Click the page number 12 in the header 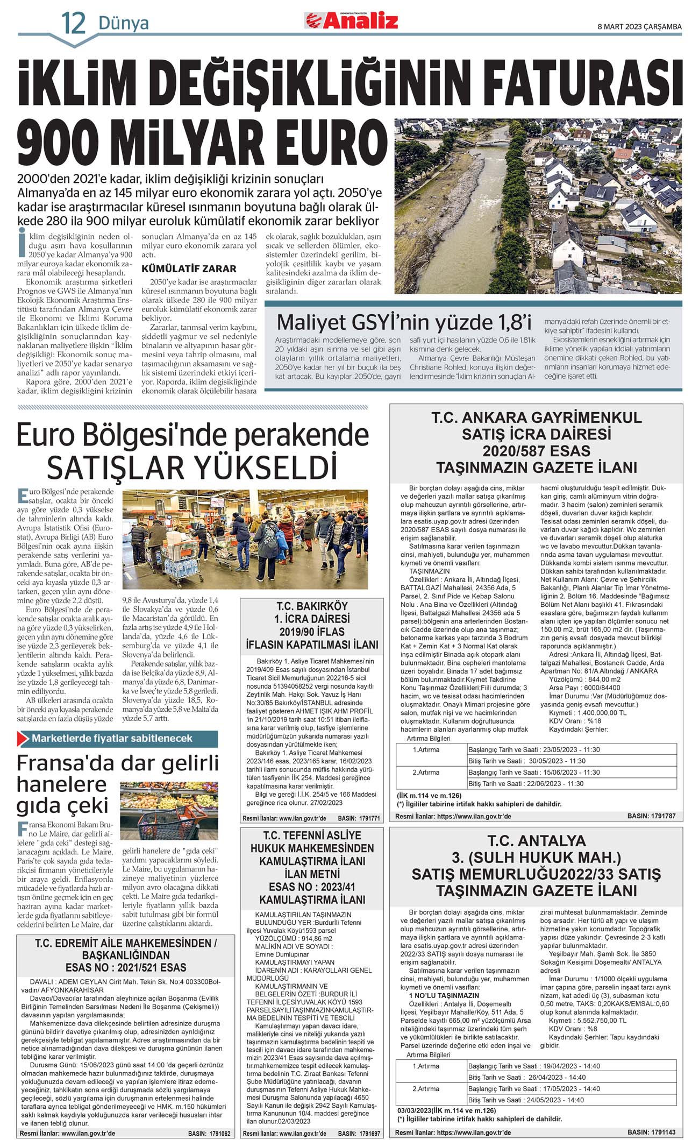[73, 23]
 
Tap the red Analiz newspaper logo [352, 21]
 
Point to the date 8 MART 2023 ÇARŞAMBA [639, 26]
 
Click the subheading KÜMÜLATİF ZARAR [189, 268]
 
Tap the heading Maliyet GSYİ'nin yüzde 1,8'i [404, 322]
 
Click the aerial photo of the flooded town [538, 206]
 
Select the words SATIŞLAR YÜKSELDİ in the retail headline [191, 467]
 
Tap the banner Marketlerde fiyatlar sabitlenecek [112, 738]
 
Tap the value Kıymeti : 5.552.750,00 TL [588, 1020]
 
